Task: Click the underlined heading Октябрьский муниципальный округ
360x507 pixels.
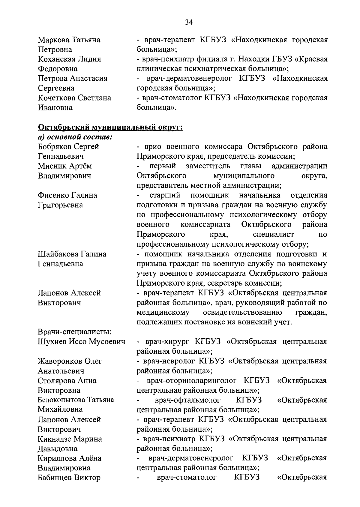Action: pos(110,127)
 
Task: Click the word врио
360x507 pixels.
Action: pos(152,147)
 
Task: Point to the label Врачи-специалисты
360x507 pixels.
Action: pos(75,332)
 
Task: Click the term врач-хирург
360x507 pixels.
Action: pos(168,342)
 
